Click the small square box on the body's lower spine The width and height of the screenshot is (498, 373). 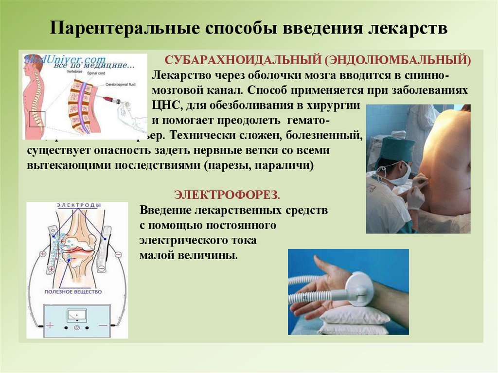point(37,119)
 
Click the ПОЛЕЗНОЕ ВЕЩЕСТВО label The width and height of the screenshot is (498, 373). point(73,292)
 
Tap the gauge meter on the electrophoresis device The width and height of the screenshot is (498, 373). point(76,315)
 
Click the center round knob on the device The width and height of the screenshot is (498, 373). point(76,328)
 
